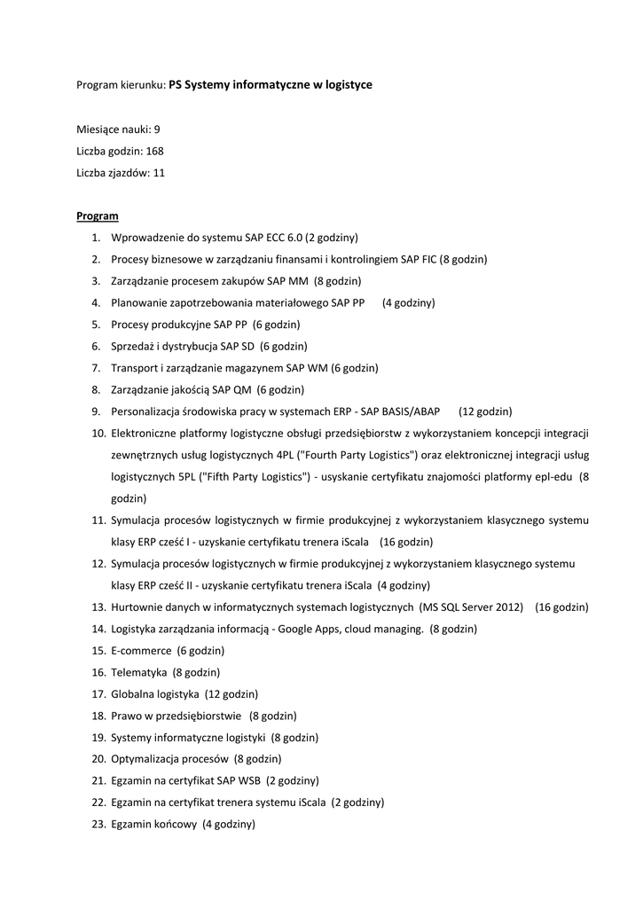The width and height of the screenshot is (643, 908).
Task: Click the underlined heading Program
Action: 98,215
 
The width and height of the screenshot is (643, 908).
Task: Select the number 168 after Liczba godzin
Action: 154,151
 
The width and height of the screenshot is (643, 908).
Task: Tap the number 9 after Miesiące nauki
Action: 157,129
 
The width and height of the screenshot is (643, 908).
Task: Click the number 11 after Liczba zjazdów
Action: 159,173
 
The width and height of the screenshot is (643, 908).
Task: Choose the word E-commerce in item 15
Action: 141,651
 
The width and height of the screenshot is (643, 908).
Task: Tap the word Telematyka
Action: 139,672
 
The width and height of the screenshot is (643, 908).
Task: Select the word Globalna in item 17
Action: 132,694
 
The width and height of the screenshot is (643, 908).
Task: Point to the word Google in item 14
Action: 303,629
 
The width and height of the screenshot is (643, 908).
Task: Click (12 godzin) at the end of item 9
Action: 485,412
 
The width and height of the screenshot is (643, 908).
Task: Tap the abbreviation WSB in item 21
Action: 247,780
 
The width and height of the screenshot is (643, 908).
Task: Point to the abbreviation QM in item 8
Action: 241,390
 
